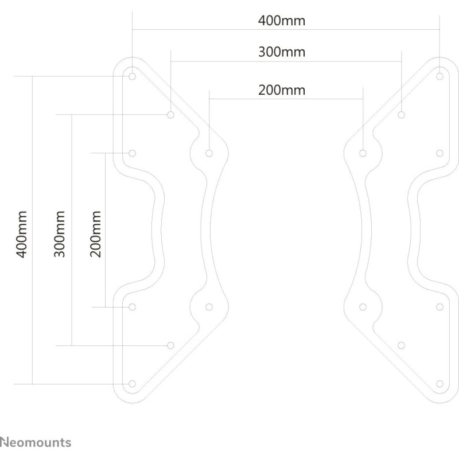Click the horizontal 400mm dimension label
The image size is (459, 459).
(282, 21)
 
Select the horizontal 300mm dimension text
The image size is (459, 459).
(282, 52)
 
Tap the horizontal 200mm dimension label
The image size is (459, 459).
(282, 90)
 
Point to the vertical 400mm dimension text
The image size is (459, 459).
(22, 234)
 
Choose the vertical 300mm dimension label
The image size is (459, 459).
(60, 234)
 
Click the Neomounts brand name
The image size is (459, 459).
(36, 442)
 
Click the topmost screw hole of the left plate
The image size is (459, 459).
(133, 76)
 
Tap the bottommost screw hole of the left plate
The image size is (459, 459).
(133, 383)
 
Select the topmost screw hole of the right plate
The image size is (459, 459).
(439, 76)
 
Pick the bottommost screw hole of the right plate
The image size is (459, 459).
(439, 383)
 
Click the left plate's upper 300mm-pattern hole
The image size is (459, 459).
(171, 115)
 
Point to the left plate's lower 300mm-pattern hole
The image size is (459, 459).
(170, 345)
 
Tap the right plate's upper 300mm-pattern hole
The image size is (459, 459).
(401, 115)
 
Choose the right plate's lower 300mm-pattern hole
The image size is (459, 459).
(401, 345)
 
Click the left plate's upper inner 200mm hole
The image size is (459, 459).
(209, 153)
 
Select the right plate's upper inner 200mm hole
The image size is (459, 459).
(363, 153)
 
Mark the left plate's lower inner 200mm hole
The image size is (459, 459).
(209, 306)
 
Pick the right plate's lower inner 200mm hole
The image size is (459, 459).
(363, 306)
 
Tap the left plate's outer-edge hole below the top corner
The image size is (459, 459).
(133, 153)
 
